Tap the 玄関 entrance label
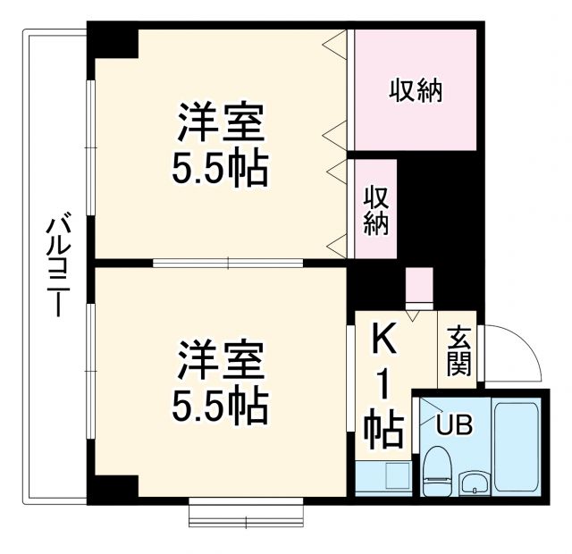pos(458,350)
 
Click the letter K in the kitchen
pos(384,340)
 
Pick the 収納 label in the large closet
pos(416,91)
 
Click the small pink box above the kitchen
pos(418,287)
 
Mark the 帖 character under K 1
pos(384,430)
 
